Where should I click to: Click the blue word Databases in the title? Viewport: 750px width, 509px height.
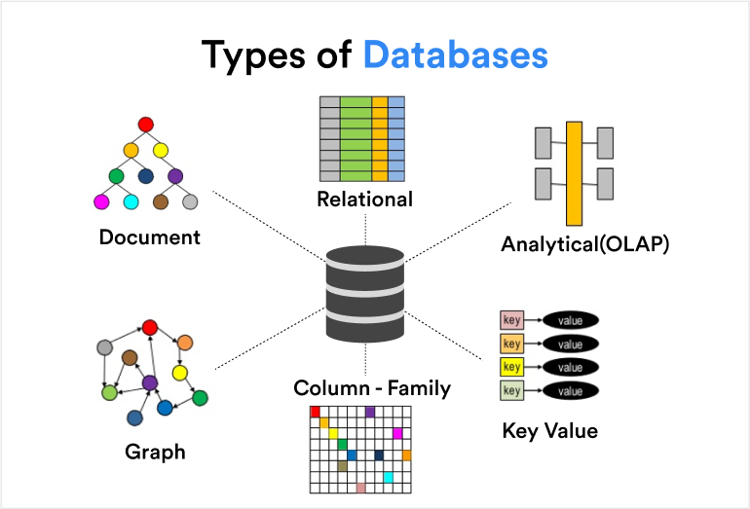[455, 55]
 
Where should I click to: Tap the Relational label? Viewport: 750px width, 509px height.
[364, 200]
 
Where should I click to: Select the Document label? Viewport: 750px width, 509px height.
[149, 236]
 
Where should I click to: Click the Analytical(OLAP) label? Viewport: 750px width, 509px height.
[584, 244]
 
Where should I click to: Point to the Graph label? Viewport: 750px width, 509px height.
[155, 452]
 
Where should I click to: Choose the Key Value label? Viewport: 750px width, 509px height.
[549, 430]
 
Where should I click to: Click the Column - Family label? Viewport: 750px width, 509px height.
[372, 388]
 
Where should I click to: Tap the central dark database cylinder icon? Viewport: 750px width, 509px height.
[364, 294]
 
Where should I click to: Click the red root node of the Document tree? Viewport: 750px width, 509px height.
[146, 125]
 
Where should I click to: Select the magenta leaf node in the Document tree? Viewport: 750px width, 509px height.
[100, 202]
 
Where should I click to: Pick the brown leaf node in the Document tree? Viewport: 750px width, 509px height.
[161, 202]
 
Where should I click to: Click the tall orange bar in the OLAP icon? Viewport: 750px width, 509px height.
[574, 173]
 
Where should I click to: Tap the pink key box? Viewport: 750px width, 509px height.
[511, 319]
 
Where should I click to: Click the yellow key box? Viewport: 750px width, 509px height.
[511, 367]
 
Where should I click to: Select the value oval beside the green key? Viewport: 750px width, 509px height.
[570, 391]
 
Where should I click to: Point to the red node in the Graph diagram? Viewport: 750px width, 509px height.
[150, 327]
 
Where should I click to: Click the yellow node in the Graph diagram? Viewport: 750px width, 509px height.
[179, 372]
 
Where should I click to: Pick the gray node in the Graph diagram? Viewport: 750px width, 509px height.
[106, 347]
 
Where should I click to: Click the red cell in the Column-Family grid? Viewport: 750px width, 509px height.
[315, 412]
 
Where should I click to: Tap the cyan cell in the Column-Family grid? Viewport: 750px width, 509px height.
[388, 477]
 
